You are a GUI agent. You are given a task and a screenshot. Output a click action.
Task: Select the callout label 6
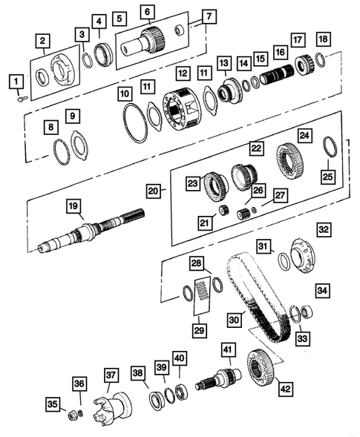[x=148, y=11]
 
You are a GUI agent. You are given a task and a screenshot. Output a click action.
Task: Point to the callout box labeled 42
[x=286, y=387]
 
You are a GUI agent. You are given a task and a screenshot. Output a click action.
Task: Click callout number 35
[x=51, y=404]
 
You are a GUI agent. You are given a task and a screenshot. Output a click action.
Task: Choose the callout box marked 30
[x=234, y=320]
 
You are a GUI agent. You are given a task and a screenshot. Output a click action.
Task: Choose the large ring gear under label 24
[x=292, y=164]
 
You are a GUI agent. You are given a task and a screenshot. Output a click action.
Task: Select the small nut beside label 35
[x=72, y=413]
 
